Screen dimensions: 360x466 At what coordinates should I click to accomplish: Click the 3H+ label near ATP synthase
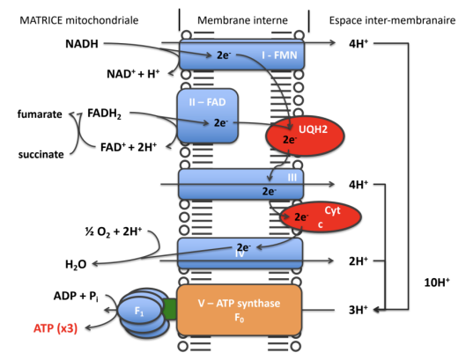coord(358,309)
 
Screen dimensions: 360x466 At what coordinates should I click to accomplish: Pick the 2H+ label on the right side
coord(358,261)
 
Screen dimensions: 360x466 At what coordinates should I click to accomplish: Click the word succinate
coord(40,155)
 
